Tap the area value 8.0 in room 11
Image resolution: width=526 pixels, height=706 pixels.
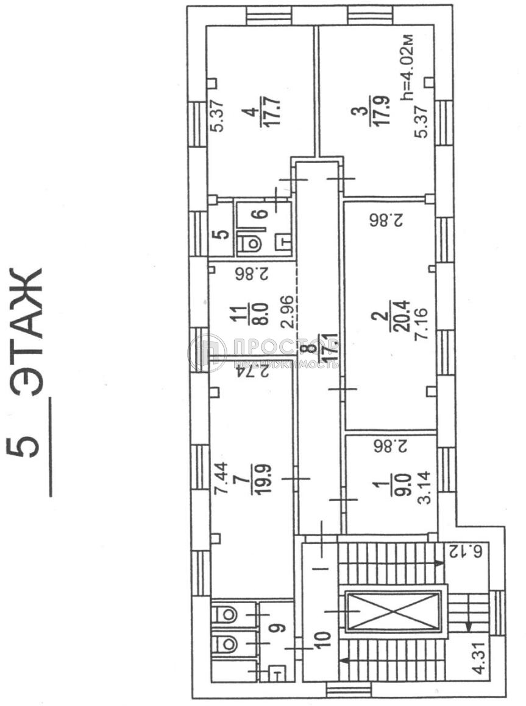(263, 314)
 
